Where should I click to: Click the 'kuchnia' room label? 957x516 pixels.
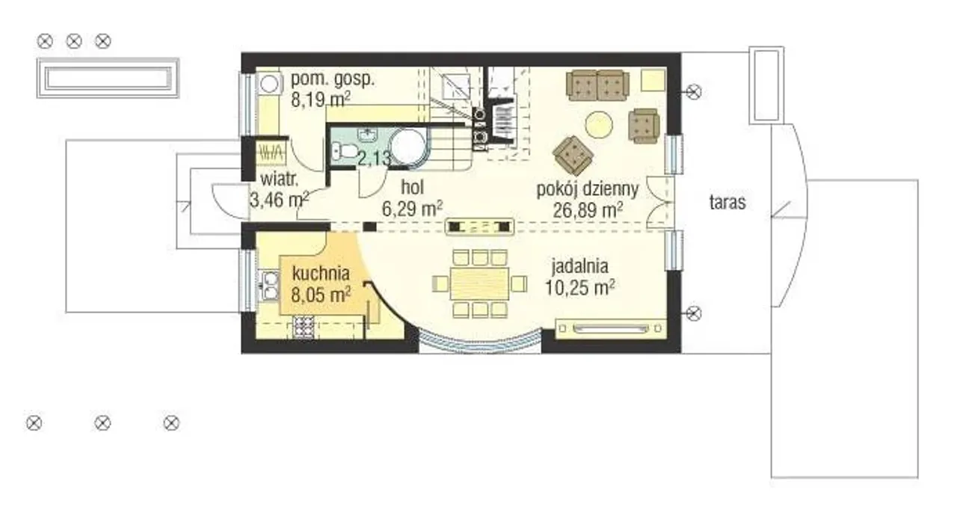tap(321, 274)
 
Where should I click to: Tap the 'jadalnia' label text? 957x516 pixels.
tap(579, 266)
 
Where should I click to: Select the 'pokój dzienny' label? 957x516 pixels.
tap(588, 189)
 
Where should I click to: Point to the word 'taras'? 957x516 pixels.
tap(727, 202)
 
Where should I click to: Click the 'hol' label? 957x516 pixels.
tap(412, 188)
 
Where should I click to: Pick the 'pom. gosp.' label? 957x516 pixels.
tap(333, 79)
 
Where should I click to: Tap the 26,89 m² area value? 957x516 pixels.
tap(588, 210)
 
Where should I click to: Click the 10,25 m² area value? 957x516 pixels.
tap(579, 287)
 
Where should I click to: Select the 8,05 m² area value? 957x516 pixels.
tap(321, 295)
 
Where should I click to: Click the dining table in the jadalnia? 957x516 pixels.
tap(479, 283)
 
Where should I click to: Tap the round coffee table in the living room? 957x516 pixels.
tap(599, 124)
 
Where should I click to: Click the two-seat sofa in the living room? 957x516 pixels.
tap(597, 85)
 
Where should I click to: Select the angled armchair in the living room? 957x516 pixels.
tap(573, 156)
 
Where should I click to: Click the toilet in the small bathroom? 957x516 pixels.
tap(345, 150)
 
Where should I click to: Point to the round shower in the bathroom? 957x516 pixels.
tap(409, 146)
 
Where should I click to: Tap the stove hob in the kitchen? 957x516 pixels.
tap(304, 327)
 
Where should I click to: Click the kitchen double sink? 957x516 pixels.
tap(270, 286)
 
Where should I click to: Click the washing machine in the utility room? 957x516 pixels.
tap(268, 83)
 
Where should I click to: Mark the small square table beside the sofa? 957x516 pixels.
tap(653, 81)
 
